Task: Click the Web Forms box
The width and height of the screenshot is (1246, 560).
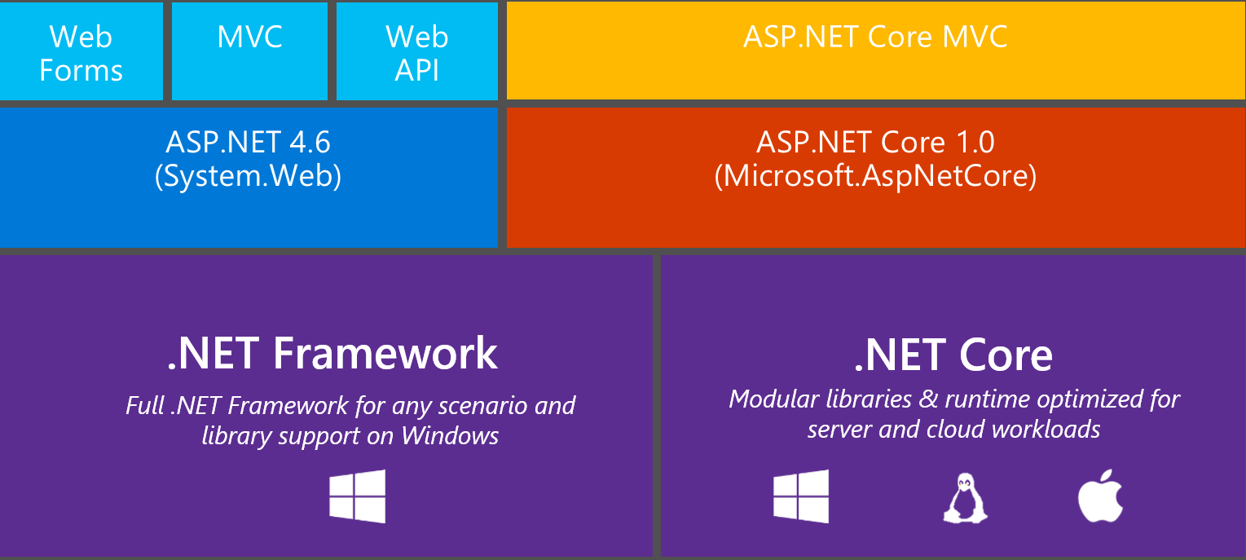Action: [x=81, y=52]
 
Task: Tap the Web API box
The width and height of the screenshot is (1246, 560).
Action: [x=416, y=52]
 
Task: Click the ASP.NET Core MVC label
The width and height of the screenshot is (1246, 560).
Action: [x=875, y=37]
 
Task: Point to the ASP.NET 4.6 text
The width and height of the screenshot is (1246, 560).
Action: [x=248, y=143]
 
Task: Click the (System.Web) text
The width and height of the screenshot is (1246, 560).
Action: [x=248, y=177]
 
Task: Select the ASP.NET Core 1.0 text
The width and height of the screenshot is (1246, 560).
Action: [x=875, y=143]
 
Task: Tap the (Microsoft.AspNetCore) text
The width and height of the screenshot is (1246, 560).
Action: [x=875, y=177]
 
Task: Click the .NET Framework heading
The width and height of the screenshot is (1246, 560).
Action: [x=332, y=353]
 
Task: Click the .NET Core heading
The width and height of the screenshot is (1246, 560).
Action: [x=953, y=355]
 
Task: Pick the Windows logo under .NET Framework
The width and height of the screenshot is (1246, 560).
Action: [x=357, y=496]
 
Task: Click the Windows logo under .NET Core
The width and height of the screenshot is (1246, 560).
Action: [x=800, y=496]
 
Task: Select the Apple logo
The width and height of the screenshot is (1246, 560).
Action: [x=1100, y=496]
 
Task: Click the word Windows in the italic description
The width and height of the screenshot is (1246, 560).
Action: [x=450, y=436]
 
